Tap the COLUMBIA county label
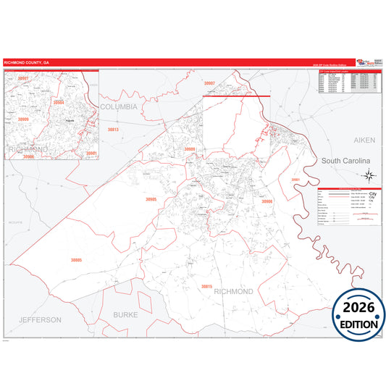(118, 106)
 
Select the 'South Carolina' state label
(345, 160)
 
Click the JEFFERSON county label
(41, 319)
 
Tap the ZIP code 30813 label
(113, 130)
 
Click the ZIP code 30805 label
(76, 260)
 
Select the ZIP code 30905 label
(150, 198)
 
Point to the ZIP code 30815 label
(206, 287)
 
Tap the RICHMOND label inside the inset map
(28, 148)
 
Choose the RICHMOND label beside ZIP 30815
(233, 291)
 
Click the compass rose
(369, 175)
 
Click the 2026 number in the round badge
(359, 308)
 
